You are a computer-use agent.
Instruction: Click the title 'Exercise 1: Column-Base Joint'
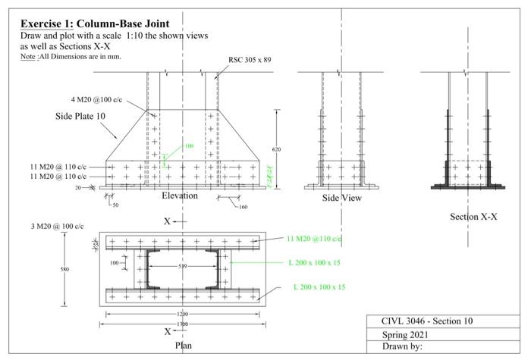click(95, 23)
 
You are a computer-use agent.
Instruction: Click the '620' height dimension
click(276, 149)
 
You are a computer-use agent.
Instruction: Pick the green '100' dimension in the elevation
click(189, 146)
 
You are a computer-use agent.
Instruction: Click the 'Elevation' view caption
click(180, 196)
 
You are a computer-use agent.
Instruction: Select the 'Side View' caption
click(341, 198)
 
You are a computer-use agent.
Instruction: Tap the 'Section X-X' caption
click(473, 217)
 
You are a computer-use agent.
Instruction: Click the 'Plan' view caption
click(184, 345)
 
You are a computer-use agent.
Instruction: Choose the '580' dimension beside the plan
click(64, 268)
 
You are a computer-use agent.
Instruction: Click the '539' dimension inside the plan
click(182, 266)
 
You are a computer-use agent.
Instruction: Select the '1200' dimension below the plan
click(183, 313)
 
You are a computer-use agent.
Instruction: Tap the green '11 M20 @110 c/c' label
click(315, 238)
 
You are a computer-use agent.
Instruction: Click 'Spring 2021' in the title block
click(406, 334)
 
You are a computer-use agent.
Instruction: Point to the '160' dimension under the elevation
click(243, 206)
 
